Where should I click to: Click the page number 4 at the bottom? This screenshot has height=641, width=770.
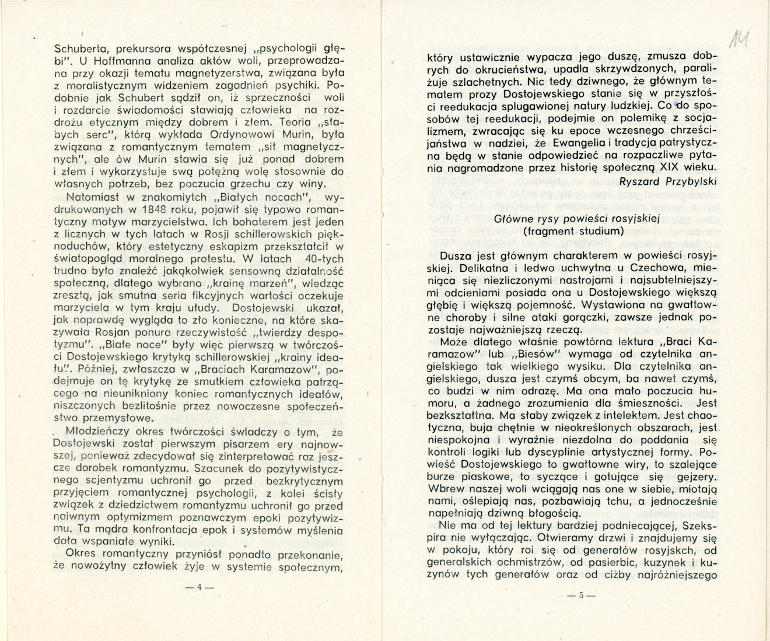[x=199, y=588]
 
